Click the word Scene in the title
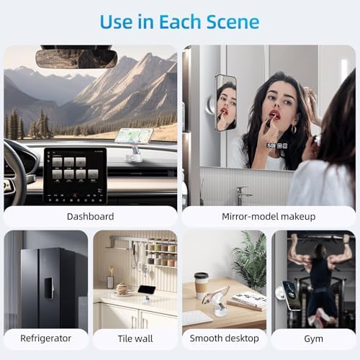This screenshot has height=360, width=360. pyautogui.click(x=233, y=22)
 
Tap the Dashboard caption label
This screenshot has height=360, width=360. pyautogui.click(x=90, y=217)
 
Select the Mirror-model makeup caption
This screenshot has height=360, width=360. pyautogui.click(x=269, y=217)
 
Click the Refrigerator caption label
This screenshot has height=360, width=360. pyautogui.click(x=45, y=338)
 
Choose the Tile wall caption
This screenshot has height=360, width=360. pyautogui.click(x=135, y=338)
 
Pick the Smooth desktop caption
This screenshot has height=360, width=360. pyautogui.click(x=225, y=338)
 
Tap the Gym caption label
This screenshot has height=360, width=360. pyautogui.click(x=313, y=339)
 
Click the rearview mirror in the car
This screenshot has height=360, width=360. pyautogui.click(x=76, y=59)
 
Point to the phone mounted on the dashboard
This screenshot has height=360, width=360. pyautogui.click(x=133, y=135)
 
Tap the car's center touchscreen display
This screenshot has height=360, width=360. pyautogui.click(x=75, y=176)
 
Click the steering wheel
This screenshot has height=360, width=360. pyautogui.click(x=14, y=173)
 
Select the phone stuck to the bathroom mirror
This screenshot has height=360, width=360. pyautogui.click(x=225, y=103)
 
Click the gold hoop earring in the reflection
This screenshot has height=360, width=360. pyautogui.click(x=294, y=129)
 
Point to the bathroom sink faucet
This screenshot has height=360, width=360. pyautogui.click(x=243, y=195)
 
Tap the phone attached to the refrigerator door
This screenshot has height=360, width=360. pyautogui.click(x=48, y=288)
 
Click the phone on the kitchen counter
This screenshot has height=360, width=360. pyautogui.click(x=147, y=289)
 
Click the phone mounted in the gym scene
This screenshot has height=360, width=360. pyautogui.click(x=292, y=295)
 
